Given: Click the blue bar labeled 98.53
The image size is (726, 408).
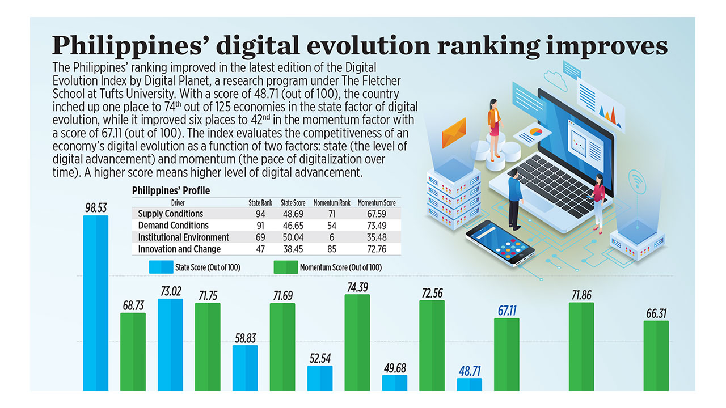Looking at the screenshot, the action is tap(96, 303).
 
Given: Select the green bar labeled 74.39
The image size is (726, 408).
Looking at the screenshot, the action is tap(357, 343).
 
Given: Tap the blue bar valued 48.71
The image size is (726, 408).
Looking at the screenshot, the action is tap(469, 385).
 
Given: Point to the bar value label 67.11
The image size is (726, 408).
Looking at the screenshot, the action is tap(507, 311).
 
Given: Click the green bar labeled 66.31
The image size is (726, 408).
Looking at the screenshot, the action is tap(656, 356).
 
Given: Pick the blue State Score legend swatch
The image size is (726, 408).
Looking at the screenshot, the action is tap(161, 267).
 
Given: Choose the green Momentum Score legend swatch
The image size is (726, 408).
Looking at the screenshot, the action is tap(286, 267).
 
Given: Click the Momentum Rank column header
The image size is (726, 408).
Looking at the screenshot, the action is tap(332, 203).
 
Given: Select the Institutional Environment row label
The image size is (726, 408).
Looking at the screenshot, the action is tap(183, 237).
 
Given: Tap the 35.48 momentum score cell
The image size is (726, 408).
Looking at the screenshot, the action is tap(377, 237).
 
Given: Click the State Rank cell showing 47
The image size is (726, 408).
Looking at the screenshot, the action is tap(260, 249).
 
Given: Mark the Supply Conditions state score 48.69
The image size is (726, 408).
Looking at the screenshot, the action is tap(293, 214).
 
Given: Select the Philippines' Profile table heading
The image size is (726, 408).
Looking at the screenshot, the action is tap(171, 191).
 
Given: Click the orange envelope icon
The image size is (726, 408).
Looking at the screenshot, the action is tap(454, 132).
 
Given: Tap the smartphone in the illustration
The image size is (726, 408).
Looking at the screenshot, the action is tap(500, 243).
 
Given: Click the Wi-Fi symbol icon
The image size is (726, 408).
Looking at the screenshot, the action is tap(637, 182).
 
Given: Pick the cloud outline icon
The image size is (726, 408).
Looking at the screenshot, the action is tap(555, 80).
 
